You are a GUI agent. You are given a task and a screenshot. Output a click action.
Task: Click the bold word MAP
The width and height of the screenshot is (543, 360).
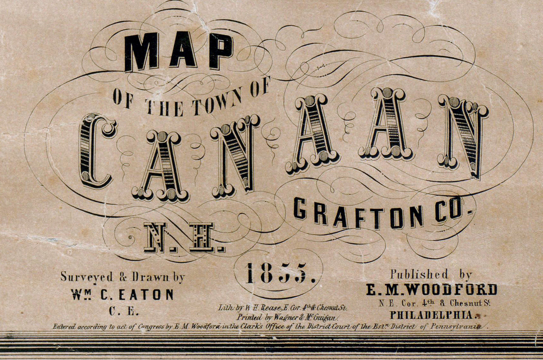tap(178, 51)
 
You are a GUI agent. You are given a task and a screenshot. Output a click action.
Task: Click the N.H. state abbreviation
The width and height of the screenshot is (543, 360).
tap(184, 237)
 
